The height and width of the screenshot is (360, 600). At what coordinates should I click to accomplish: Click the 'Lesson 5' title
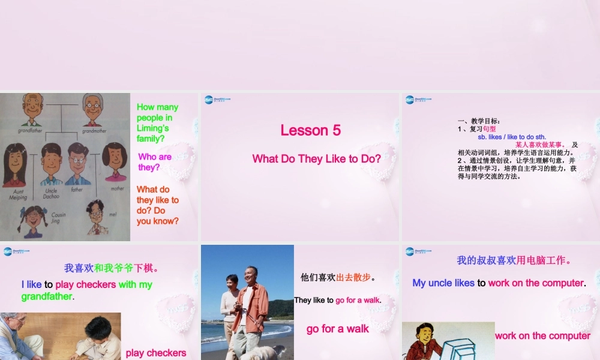(310, 130)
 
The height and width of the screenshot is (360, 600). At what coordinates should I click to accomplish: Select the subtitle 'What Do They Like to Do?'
(316, 158)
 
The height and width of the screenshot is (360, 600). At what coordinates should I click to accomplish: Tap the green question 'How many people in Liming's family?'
(157, 122)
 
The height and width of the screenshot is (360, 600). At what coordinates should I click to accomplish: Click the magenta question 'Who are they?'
(155, 161)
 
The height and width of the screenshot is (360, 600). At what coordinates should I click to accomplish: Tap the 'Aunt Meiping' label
(17, 194)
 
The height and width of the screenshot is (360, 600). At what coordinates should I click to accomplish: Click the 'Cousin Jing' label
(58, 217)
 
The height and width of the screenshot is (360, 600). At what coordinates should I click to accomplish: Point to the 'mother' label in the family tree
(117, 188)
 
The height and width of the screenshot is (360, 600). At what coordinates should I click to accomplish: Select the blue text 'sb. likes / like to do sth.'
(512, 137)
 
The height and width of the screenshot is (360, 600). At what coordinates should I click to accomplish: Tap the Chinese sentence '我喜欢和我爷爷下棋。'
(112, 268)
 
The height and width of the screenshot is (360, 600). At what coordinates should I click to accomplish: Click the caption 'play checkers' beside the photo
(156, 353)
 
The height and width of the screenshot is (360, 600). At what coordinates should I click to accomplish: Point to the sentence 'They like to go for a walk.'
(338, 300)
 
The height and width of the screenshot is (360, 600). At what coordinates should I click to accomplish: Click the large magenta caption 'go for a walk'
(338, 329)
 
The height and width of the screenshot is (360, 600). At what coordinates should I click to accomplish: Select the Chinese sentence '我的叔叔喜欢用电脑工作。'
(514, 260)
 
